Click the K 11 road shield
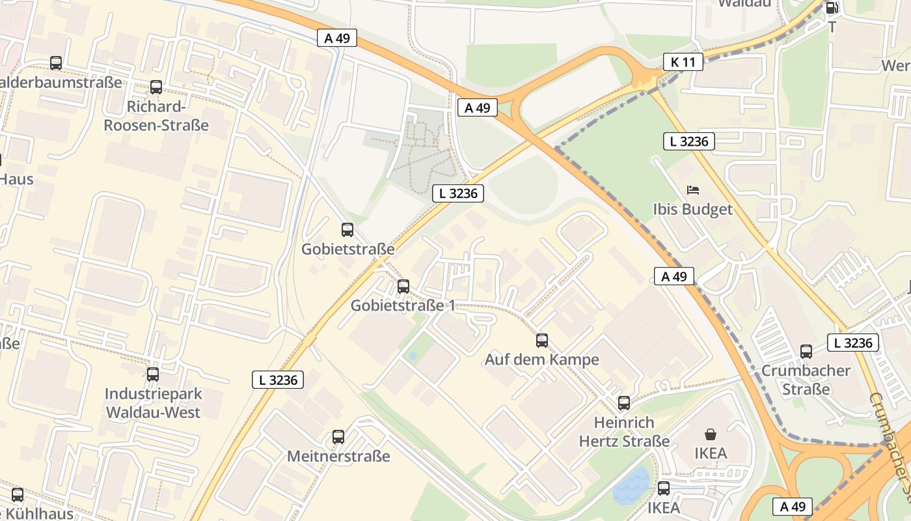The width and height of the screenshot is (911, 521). click(x=683, y=63)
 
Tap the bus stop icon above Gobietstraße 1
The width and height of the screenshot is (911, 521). click(x=403, y=286)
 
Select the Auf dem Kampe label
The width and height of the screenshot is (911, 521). click(x=541, y=359)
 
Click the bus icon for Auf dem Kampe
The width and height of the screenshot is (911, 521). click(x=541, y=340)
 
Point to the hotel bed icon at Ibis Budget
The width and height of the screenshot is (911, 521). click(x=693, y=190)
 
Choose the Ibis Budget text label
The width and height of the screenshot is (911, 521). click(x=692, y=209)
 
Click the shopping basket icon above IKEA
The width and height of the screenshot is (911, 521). click(x=710, y=434)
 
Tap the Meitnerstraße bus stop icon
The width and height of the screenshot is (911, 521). click(x=338, y=436)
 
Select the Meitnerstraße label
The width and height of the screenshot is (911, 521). click(x=338, y=456)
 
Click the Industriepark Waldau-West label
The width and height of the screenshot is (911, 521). click(x=154, y=403)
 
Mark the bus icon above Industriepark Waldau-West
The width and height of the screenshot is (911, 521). click(x=153, y=374)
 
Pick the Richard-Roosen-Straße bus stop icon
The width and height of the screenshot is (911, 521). click(x=156, y=87)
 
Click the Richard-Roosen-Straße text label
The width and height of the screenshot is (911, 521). click(x=156, y=116)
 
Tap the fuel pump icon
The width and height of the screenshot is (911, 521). click(x=831, y=8)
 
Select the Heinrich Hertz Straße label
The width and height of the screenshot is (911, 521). click(x=624, y=432)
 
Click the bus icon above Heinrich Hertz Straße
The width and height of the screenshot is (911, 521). click(x=624, y=403)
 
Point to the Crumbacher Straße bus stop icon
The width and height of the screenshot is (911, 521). click(x=806, y=352)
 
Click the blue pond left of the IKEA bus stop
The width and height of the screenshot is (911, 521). click(x=631, y=486)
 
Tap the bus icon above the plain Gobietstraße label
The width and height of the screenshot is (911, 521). click(x=347, y=229)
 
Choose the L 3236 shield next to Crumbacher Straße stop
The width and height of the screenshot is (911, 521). click(x=852, y=343)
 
